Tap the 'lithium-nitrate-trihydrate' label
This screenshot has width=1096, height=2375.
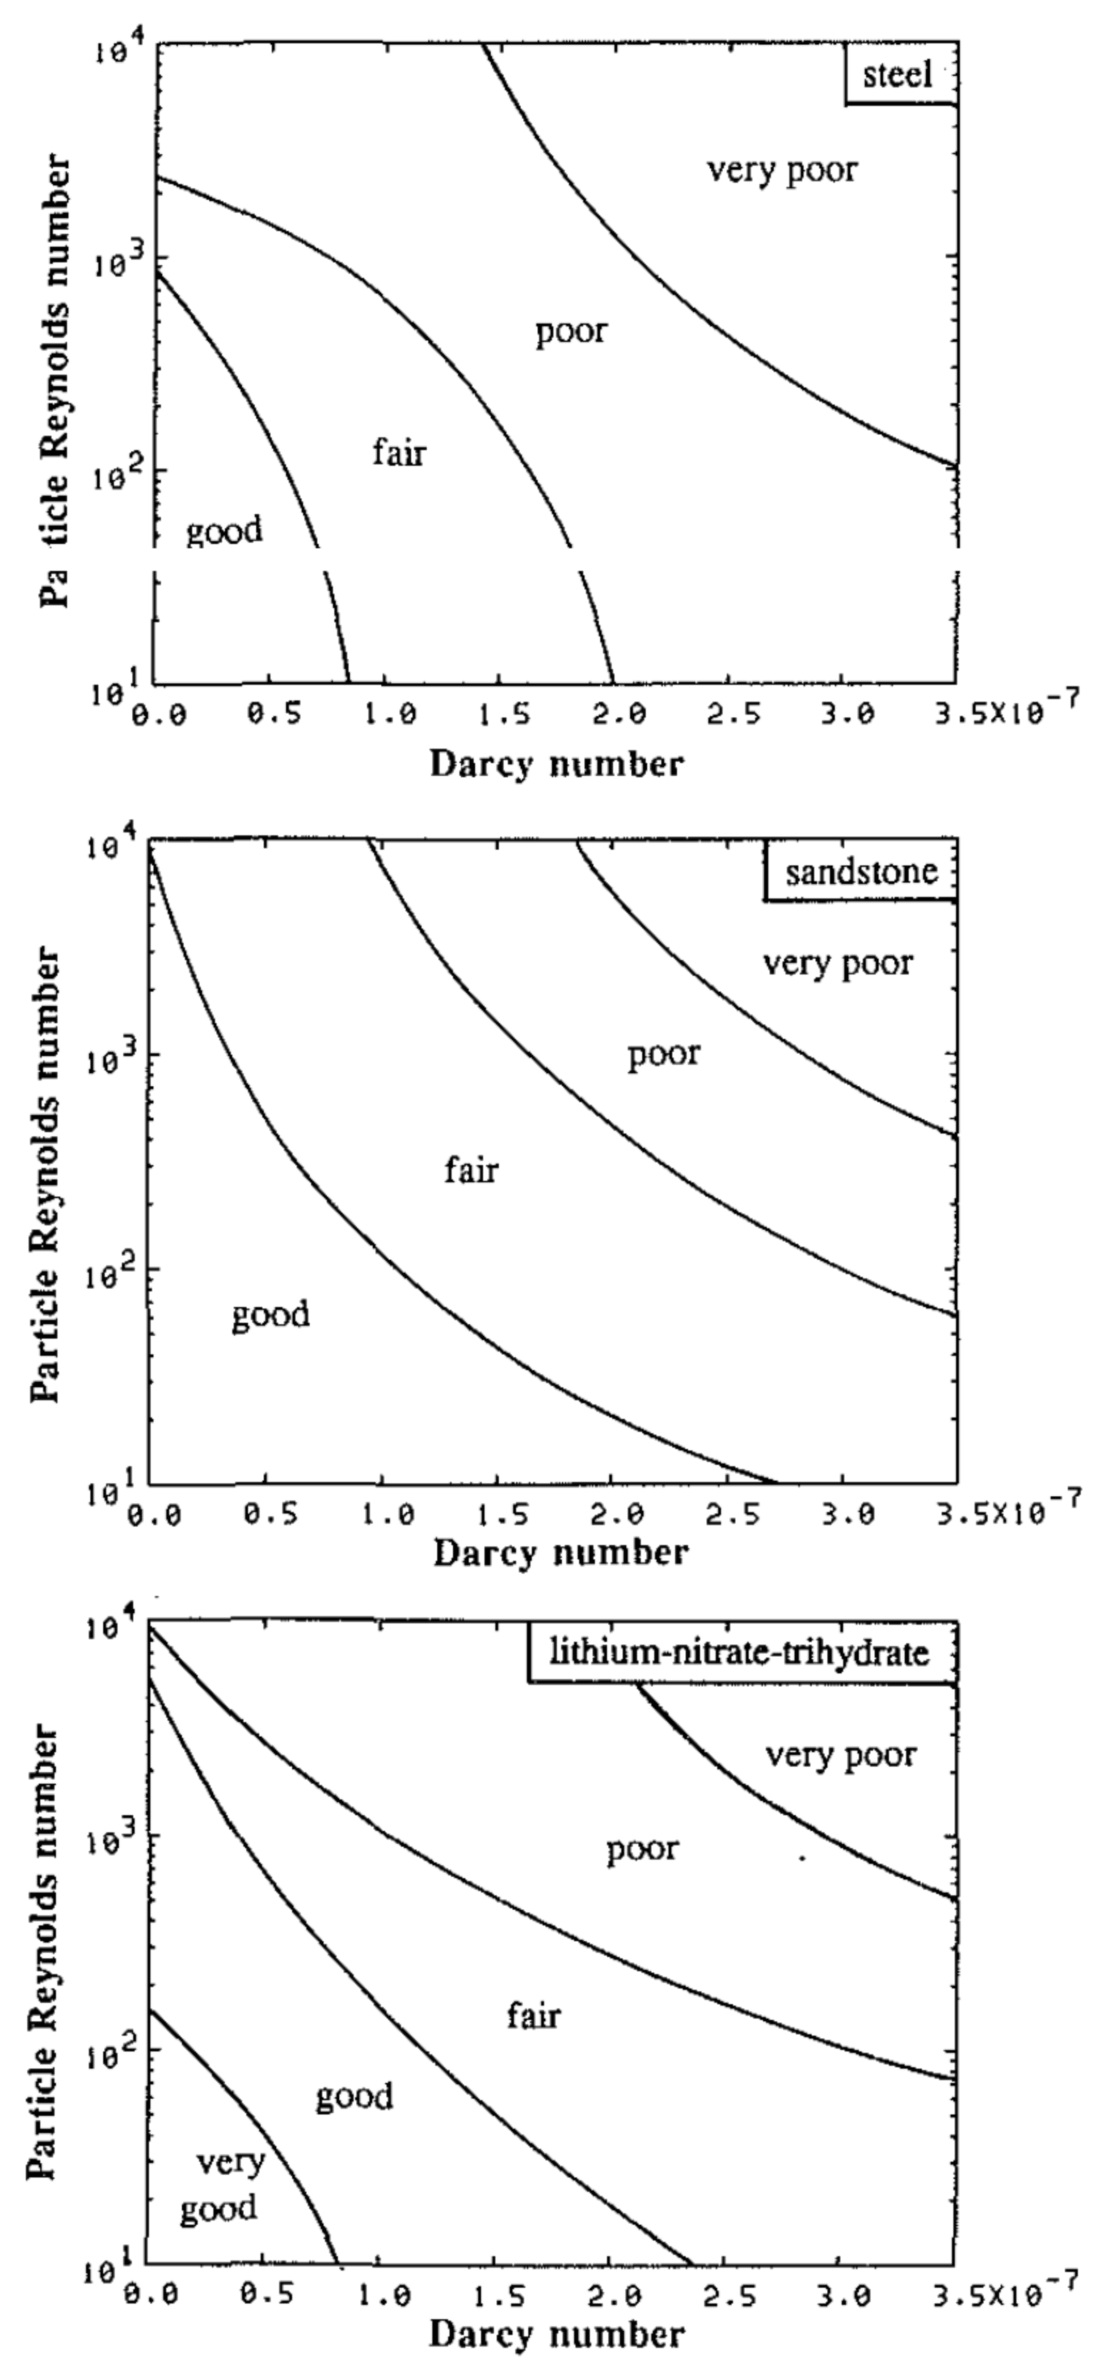tap(739, 1651)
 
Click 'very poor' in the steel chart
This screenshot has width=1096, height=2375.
tap(782, 170)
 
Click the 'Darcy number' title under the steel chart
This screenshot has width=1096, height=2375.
tap(557, 764)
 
